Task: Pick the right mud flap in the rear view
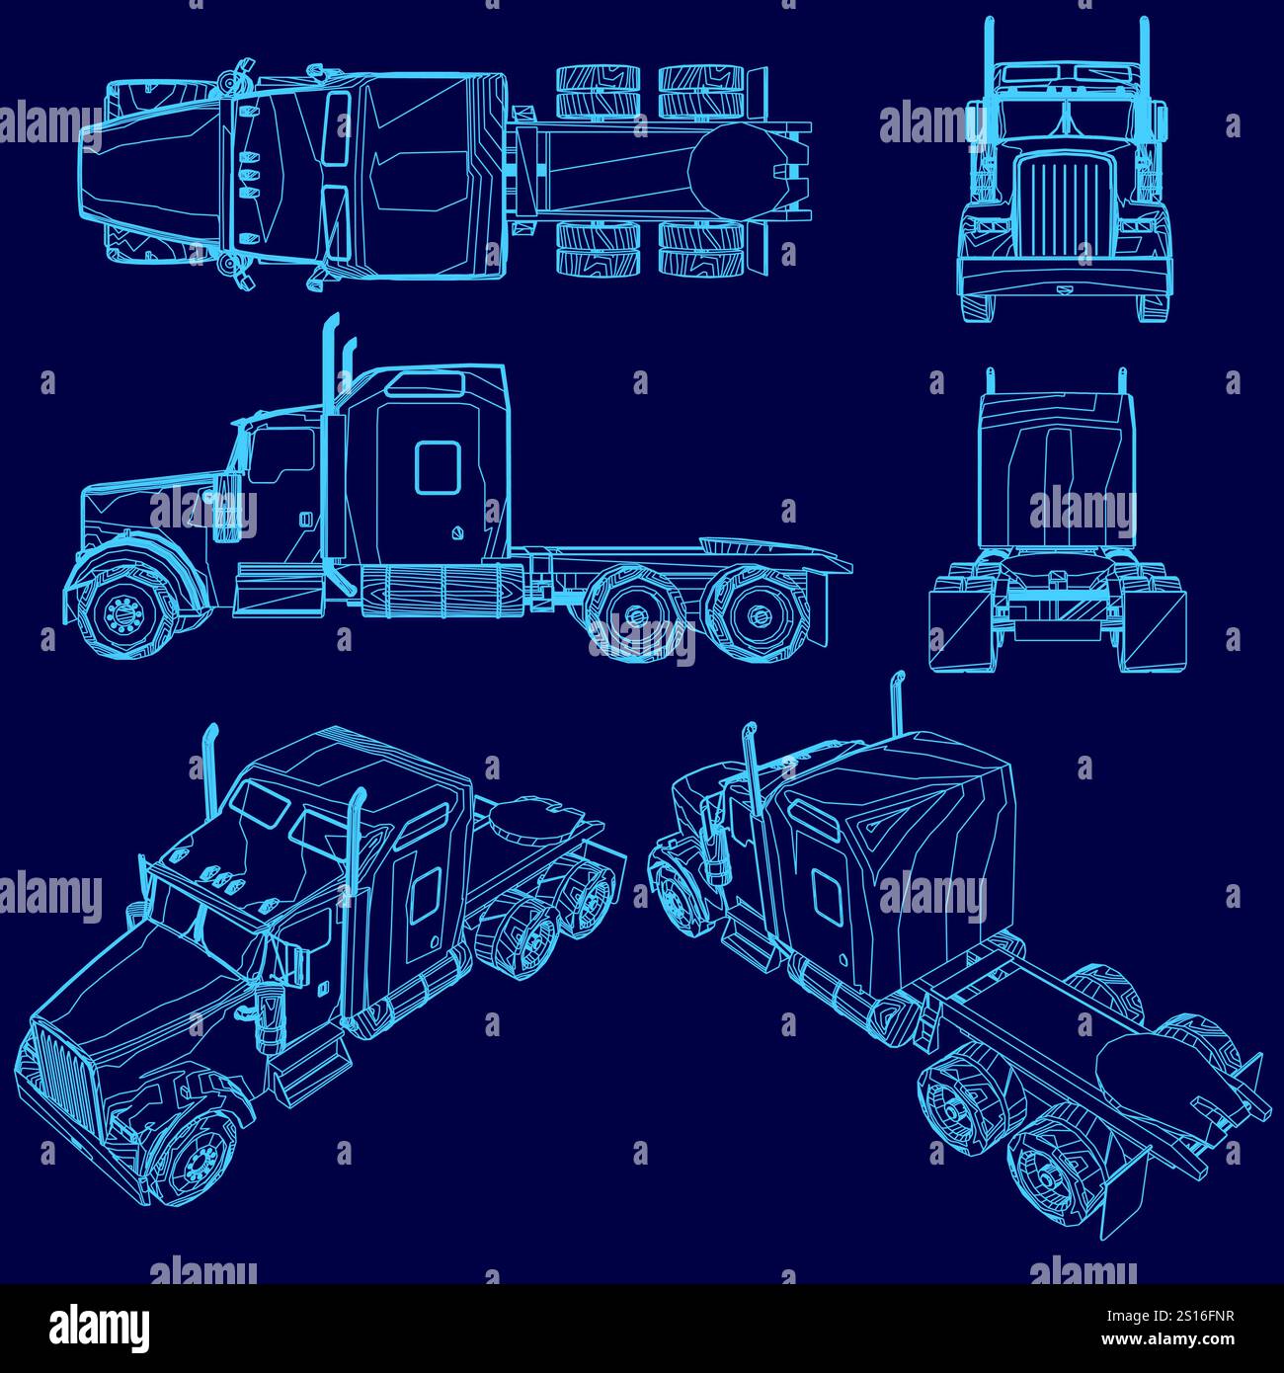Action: click(1155, 631)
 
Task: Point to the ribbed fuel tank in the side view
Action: click(440, 592)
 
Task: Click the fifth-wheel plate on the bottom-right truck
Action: click(1156, 1072)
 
